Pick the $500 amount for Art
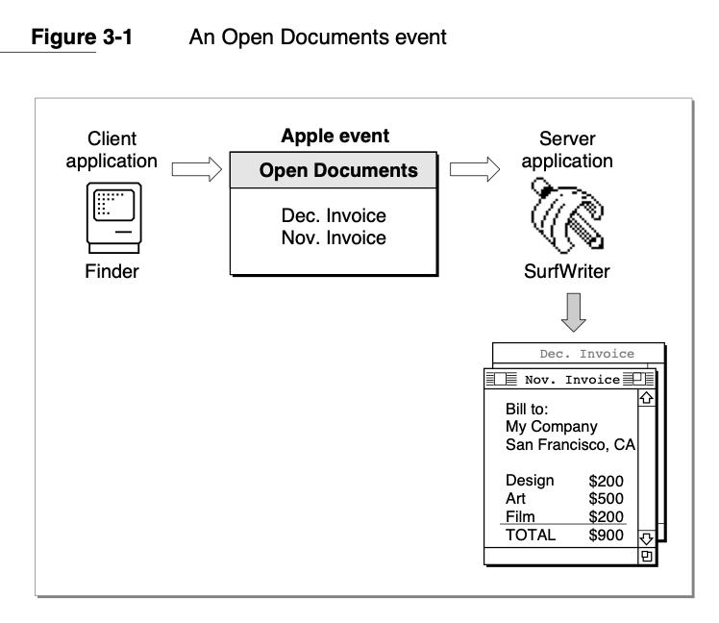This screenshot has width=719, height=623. [x=606, y=498]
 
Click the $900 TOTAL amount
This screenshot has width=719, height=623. [x=606, y=535]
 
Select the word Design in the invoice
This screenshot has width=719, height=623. [x=530, y=480]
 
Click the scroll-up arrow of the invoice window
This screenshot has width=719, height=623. [x=646, y=395]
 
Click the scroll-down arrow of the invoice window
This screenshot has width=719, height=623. [x=646, y=536]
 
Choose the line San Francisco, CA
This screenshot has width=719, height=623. [x=571, y=444]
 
